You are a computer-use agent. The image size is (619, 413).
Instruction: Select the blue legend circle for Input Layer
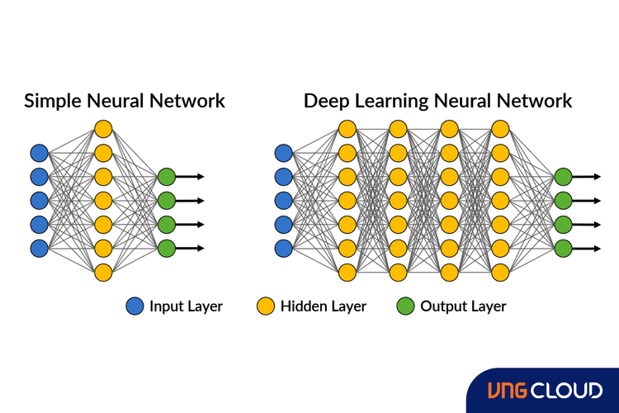(x=135, y=306)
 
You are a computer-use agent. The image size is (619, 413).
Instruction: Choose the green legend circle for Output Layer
(x=405, y=306)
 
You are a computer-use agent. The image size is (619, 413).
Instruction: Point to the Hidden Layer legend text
(x=323, y=306)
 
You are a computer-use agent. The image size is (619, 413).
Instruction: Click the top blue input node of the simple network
(x=39, y=152)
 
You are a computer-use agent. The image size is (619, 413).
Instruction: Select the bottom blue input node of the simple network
(x=39, y=248)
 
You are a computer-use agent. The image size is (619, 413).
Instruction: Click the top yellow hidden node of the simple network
(x=102, y=128)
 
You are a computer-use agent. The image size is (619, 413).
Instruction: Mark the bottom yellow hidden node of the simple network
(x=102, y=272)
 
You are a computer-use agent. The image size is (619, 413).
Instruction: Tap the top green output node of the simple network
(x=167, y=176)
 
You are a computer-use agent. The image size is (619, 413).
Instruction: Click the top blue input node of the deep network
(x=284, y=152)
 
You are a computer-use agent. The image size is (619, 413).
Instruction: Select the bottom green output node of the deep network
(x=563, y=248)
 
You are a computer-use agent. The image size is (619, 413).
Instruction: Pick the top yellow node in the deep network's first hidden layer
(x=347, y=128)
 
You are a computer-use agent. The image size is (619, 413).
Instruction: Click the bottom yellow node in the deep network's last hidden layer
(x=500, y=272)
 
